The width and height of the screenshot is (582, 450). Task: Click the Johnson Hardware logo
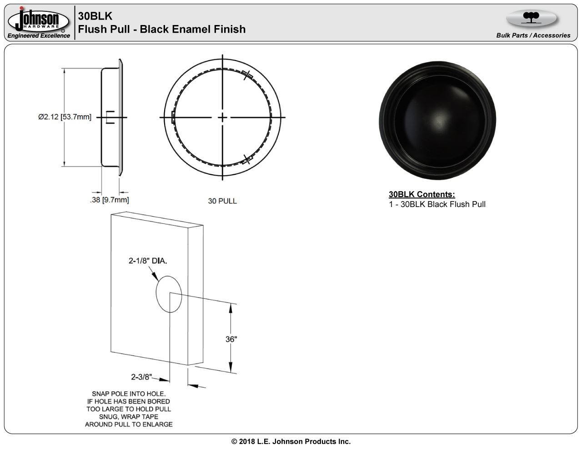[38, 20]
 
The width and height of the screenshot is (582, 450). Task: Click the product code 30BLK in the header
[95, 16]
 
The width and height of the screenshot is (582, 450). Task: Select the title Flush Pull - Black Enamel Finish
[162, 29]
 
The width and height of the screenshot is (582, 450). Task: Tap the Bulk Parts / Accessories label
[533, 35]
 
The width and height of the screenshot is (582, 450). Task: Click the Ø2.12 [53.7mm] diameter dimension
[65, 117]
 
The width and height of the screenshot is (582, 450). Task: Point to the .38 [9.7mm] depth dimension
[110, 200]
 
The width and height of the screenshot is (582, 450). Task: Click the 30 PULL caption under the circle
[222, 201]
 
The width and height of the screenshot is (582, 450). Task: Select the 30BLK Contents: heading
[422, 194]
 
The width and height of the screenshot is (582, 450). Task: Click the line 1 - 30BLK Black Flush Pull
[437, 204]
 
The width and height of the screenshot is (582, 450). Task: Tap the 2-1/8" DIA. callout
[148, 261]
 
